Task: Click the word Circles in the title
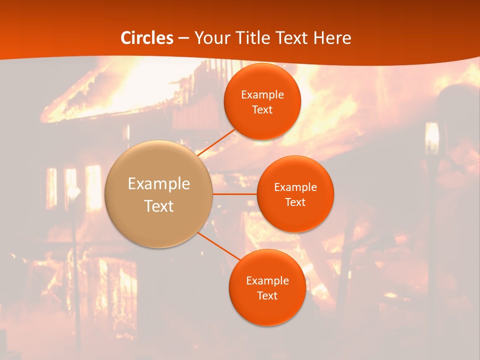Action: (x=147, y=38)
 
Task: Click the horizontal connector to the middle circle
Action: (x=235, y=194)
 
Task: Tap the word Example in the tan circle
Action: (x=159, y=184)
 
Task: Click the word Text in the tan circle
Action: (x=159, y=206)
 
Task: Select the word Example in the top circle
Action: (x=262, y=95)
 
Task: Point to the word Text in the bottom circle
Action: (x=267, y=295)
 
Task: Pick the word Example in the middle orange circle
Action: (x=295, y=187)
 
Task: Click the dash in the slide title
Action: (x=183, y=38)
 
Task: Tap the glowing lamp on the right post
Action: (x=431, y=137)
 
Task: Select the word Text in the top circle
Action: (x=262, y=110)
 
